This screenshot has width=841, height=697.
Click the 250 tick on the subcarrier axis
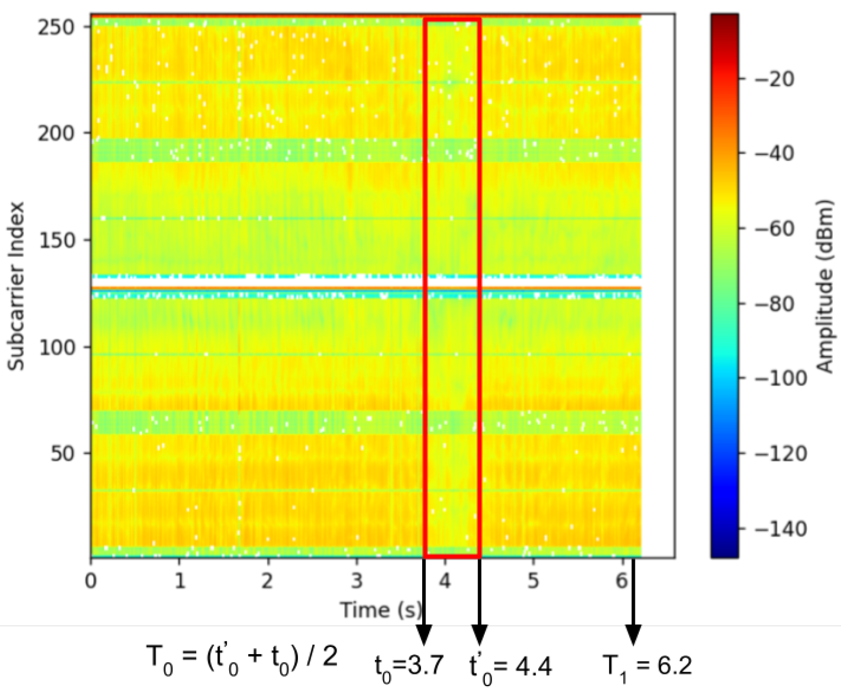click(56, 27)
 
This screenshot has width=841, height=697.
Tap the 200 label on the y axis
click(56, 133)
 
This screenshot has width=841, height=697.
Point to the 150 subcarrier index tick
click(56, 240)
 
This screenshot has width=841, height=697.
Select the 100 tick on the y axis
click(56, 347)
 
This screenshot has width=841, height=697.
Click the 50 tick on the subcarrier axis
click(63, 454)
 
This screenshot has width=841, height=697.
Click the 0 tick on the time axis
click(91, 580)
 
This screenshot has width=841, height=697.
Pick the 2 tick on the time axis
click(268, 580)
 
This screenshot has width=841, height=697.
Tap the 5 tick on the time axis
click(533, 580)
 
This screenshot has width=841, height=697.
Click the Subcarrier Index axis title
click(16, 286)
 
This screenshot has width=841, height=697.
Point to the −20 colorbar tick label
click(774, 79)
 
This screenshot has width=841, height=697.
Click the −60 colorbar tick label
click(774, 228)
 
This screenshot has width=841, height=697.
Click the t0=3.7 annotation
click(409, 666)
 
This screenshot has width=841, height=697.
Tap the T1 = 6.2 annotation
click(647, 666)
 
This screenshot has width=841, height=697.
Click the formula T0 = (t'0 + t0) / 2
click(242, 657)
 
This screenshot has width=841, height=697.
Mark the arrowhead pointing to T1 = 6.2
click(633, 635)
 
